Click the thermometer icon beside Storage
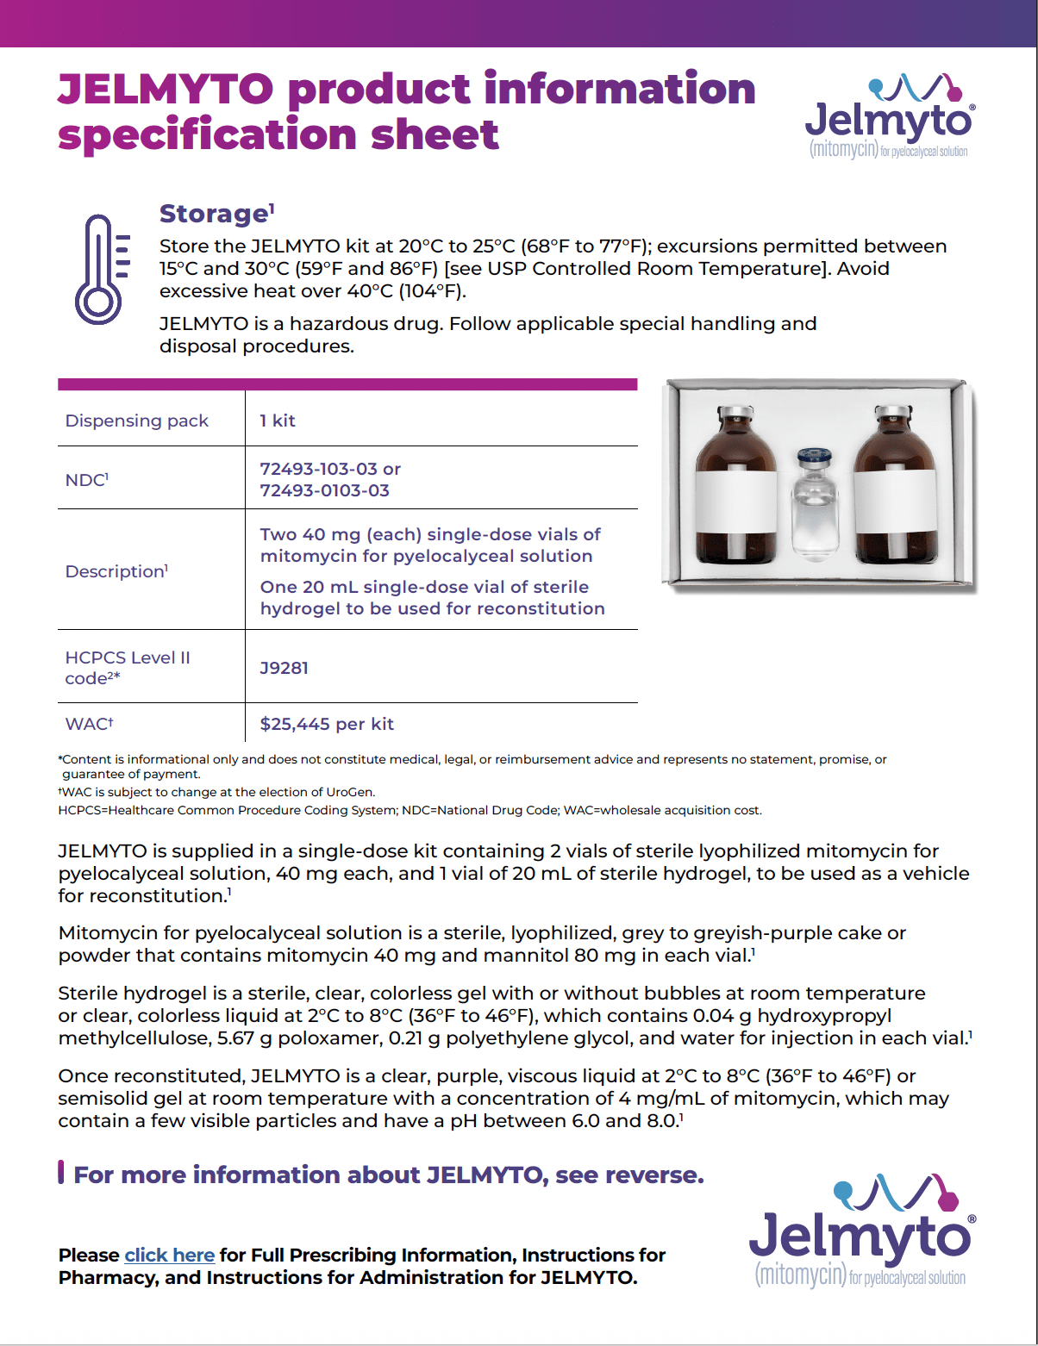101,269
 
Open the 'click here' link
169,1255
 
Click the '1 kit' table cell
278,421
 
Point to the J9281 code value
284,668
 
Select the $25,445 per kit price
327,724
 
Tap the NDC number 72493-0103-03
324,490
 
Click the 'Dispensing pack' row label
136,421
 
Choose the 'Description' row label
116,571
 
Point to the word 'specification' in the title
207,134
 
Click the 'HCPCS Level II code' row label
128,668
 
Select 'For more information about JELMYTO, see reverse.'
388,1175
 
